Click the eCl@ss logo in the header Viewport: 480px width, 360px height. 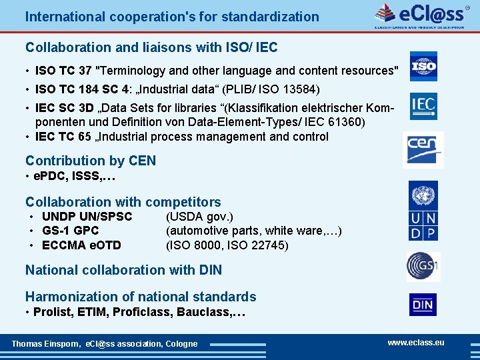click(x=419, y=15)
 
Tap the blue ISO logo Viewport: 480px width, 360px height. click(x=423, y=66)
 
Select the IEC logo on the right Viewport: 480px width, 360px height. click(x=423, y=105)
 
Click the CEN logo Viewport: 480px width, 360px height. click(x=423, y=149)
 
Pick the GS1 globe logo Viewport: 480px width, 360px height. click(x=423, y=266)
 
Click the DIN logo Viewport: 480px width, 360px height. click(x=423, y=305)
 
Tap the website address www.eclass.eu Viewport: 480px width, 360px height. click(x=416, y=342)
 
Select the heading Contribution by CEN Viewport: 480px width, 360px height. click(x=91, y=161)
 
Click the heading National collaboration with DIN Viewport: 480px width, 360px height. click(x=123, y=270)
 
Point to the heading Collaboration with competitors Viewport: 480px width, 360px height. click(x=123, y=201)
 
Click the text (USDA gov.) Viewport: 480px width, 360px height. click(x=199, y=217)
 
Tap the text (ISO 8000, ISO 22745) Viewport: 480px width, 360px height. click(x=227, y=245)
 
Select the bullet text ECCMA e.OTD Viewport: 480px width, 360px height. click(x=81, y=245)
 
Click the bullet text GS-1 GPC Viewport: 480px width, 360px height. click(x=70, y=231)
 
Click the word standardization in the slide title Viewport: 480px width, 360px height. click(x=265, y=17)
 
